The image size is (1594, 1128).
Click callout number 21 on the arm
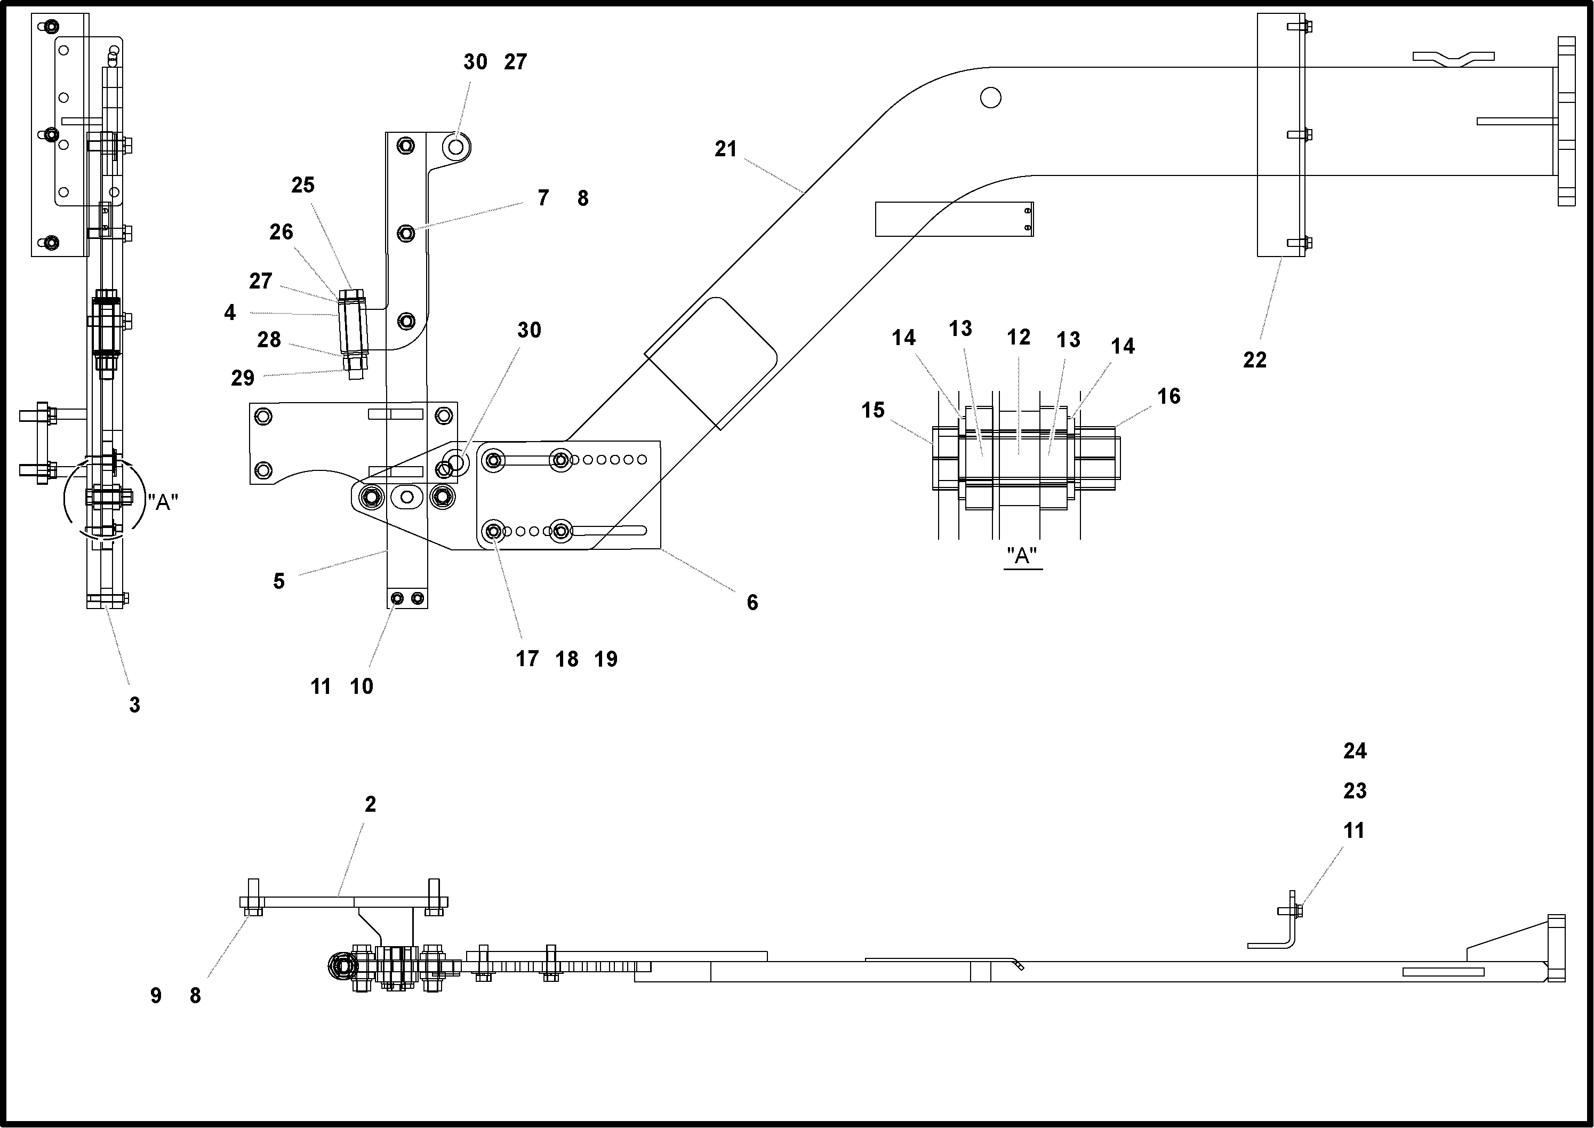725,149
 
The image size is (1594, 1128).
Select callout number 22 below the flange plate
1254,360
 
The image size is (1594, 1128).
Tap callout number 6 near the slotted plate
752,602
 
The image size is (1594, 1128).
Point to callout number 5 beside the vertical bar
278,581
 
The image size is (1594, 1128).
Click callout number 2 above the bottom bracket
370,804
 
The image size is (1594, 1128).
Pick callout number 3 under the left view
135,705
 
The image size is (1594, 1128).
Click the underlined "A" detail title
1022,556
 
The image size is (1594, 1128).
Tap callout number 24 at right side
1355,751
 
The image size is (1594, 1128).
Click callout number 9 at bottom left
156,996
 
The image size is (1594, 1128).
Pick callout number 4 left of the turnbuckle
230,313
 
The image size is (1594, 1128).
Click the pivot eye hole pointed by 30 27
455,147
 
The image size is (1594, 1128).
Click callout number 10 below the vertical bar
361,686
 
